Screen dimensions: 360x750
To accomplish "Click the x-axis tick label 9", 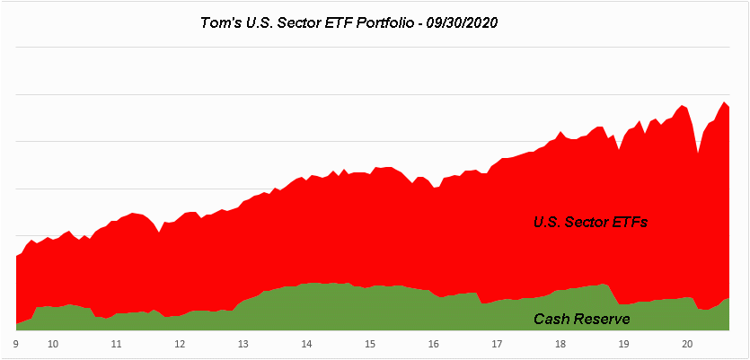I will pyautogui.click(x=16, y=344).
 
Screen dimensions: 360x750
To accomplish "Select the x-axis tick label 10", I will pyautogui.click(x=53, y=344).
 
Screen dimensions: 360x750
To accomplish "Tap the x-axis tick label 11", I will pyautogui.click(x=116, y=344).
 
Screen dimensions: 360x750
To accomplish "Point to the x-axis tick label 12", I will pyautogui.click(x=180, y=344).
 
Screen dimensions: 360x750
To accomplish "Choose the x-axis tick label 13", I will pyautogui.click(x=243, y=344).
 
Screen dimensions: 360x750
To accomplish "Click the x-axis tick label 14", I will pyautogui.click(x=306, y=344).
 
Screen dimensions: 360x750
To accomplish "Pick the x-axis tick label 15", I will pyautogui.click(x=369, y=344).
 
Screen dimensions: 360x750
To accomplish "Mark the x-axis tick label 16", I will pyautogui.click(x=433, y=344).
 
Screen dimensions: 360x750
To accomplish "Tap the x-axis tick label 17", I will pyautogui.click(x=496, y=344).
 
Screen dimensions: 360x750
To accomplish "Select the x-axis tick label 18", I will pyautogui.click(x=560, y=344).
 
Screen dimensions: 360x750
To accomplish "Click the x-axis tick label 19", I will pyautogui.click(x=622, y=344).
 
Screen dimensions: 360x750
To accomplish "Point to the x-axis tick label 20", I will pyautogui.click(x=686, y=344).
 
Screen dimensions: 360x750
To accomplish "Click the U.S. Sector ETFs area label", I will pyautogui.click(x=590, y=222).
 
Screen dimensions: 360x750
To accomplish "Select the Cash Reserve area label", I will pyautogui.click(x=581, y=319).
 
